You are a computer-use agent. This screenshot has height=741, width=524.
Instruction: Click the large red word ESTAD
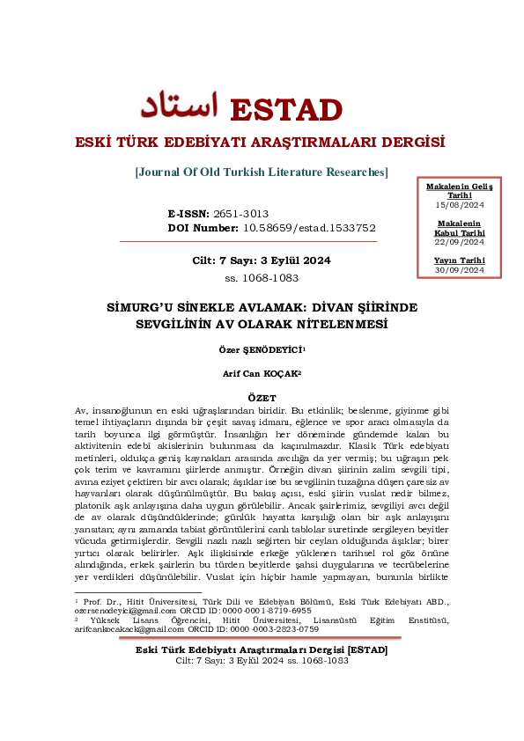[x=285, y=110]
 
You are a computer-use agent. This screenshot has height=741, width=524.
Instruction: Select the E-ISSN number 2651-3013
[x=240, y=214]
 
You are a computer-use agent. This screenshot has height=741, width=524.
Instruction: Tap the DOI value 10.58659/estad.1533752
[x=309, y=227]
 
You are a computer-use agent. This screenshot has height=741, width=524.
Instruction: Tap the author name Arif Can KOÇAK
[x=261, y=374]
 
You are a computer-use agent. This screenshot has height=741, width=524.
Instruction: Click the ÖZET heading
[x=262, y=398]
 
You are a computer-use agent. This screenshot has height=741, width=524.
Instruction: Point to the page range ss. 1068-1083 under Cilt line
[x=262, y=278]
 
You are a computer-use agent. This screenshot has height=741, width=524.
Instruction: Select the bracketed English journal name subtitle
[x=262, y=172]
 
